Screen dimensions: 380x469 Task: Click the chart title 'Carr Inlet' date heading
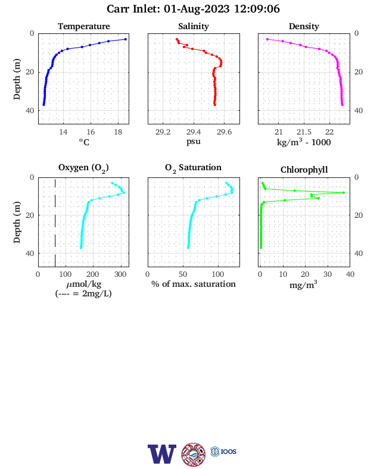(x=193, y=9)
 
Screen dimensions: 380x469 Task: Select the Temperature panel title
(x=84, y=26)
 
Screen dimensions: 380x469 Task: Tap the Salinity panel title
(x=194, y=26)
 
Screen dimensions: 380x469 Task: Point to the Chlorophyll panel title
(x=304, y=170)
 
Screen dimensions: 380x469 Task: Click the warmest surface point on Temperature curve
(x=126, y=39)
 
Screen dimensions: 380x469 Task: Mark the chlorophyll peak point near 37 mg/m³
(x=344, y=193)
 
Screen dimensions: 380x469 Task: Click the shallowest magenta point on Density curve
(x=267, y=39)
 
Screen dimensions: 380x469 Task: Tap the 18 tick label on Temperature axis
(x=118, y=132)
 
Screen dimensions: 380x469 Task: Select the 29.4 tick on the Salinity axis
(x=194, y=132)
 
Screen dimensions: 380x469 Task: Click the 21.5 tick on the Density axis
(x=304, y=132)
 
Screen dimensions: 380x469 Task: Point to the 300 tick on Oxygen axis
(x=120, y=274)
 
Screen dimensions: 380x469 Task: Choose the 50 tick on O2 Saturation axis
(x=183, y=274)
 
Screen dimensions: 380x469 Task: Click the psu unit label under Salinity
(x=194, y=141)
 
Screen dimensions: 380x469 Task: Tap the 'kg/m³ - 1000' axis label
(x=304, y=142)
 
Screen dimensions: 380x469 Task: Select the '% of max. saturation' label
(x=194, y=284)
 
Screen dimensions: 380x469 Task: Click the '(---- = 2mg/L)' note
(x=83, y=293)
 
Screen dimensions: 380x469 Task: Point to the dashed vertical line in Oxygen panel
(x=55, y=222)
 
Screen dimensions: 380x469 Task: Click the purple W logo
(x=162, y=454)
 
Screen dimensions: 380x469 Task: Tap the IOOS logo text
(x=229, y=451)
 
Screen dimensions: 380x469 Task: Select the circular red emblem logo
(x=194, y=455)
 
